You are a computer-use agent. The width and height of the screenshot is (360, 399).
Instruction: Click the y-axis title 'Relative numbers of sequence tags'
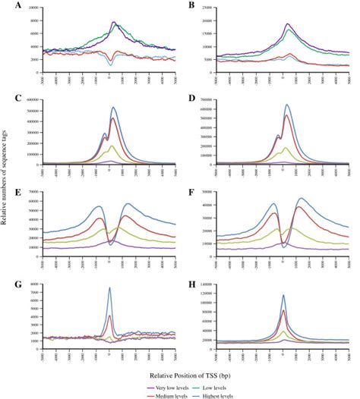point(7,199)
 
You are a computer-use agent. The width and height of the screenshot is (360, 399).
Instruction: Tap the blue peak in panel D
point(287,105)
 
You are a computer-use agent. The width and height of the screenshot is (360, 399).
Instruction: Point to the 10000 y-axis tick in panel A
point(34,8)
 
